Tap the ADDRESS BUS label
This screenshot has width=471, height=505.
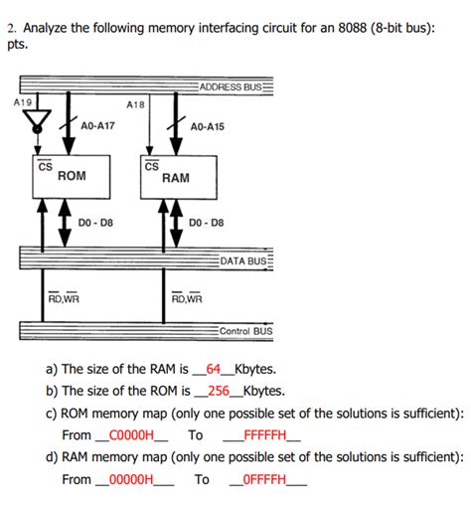(x=235, y=87)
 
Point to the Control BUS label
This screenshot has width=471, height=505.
(x=245, y=331)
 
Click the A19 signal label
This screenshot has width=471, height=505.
(x=22, y=101)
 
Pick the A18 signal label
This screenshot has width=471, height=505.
(x=136, y=103)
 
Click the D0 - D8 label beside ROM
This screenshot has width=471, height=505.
(x=95, y=222)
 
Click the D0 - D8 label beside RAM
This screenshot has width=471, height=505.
(x=207, y=222)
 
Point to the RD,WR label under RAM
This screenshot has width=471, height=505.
(x=186, y=296)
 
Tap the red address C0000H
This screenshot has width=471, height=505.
(x=130, y=435)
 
